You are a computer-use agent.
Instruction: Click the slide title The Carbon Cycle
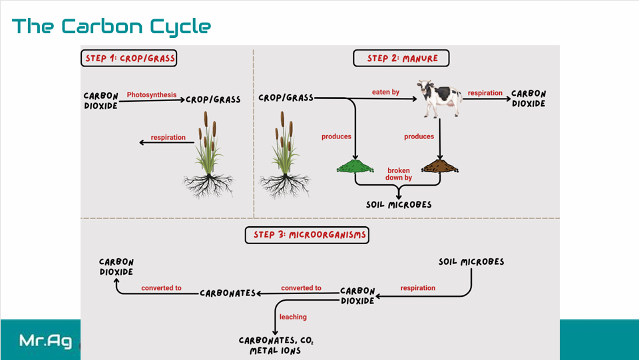click(111, 27)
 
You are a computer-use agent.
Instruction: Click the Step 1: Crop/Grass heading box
click(130, 59)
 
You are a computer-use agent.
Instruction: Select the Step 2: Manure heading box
click(401, 59)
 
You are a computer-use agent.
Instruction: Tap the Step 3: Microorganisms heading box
click(308, 235)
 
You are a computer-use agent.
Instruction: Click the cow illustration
click(439, 98)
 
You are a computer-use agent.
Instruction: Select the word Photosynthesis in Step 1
click(152, 95)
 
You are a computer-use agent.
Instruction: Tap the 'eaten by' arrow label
click(386, 92)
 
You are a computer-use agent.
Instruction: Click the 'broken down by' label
click(399, 174)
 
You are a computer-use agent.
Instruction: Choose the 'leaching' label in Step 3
click(293, 317)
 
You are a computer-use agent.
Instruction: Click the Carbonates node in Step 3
click(228, 293)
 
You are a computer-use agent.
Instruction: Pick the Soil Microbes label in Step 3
click(471, 262)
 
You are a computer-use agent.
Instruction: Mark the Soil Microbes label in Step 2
click(399, 204)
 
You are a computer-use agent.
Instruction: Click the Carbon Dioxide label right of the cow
click(529, 98)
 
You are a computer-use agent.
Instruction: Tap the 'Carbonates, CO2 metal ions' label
click(276, 345)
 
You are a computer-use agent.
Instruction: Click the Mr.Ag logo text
click(45, 341)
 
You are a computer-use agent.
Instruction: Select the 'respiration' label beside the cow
click(485, 93)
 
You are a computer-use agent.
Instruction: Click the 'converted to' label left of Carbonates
click(161, 288)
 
